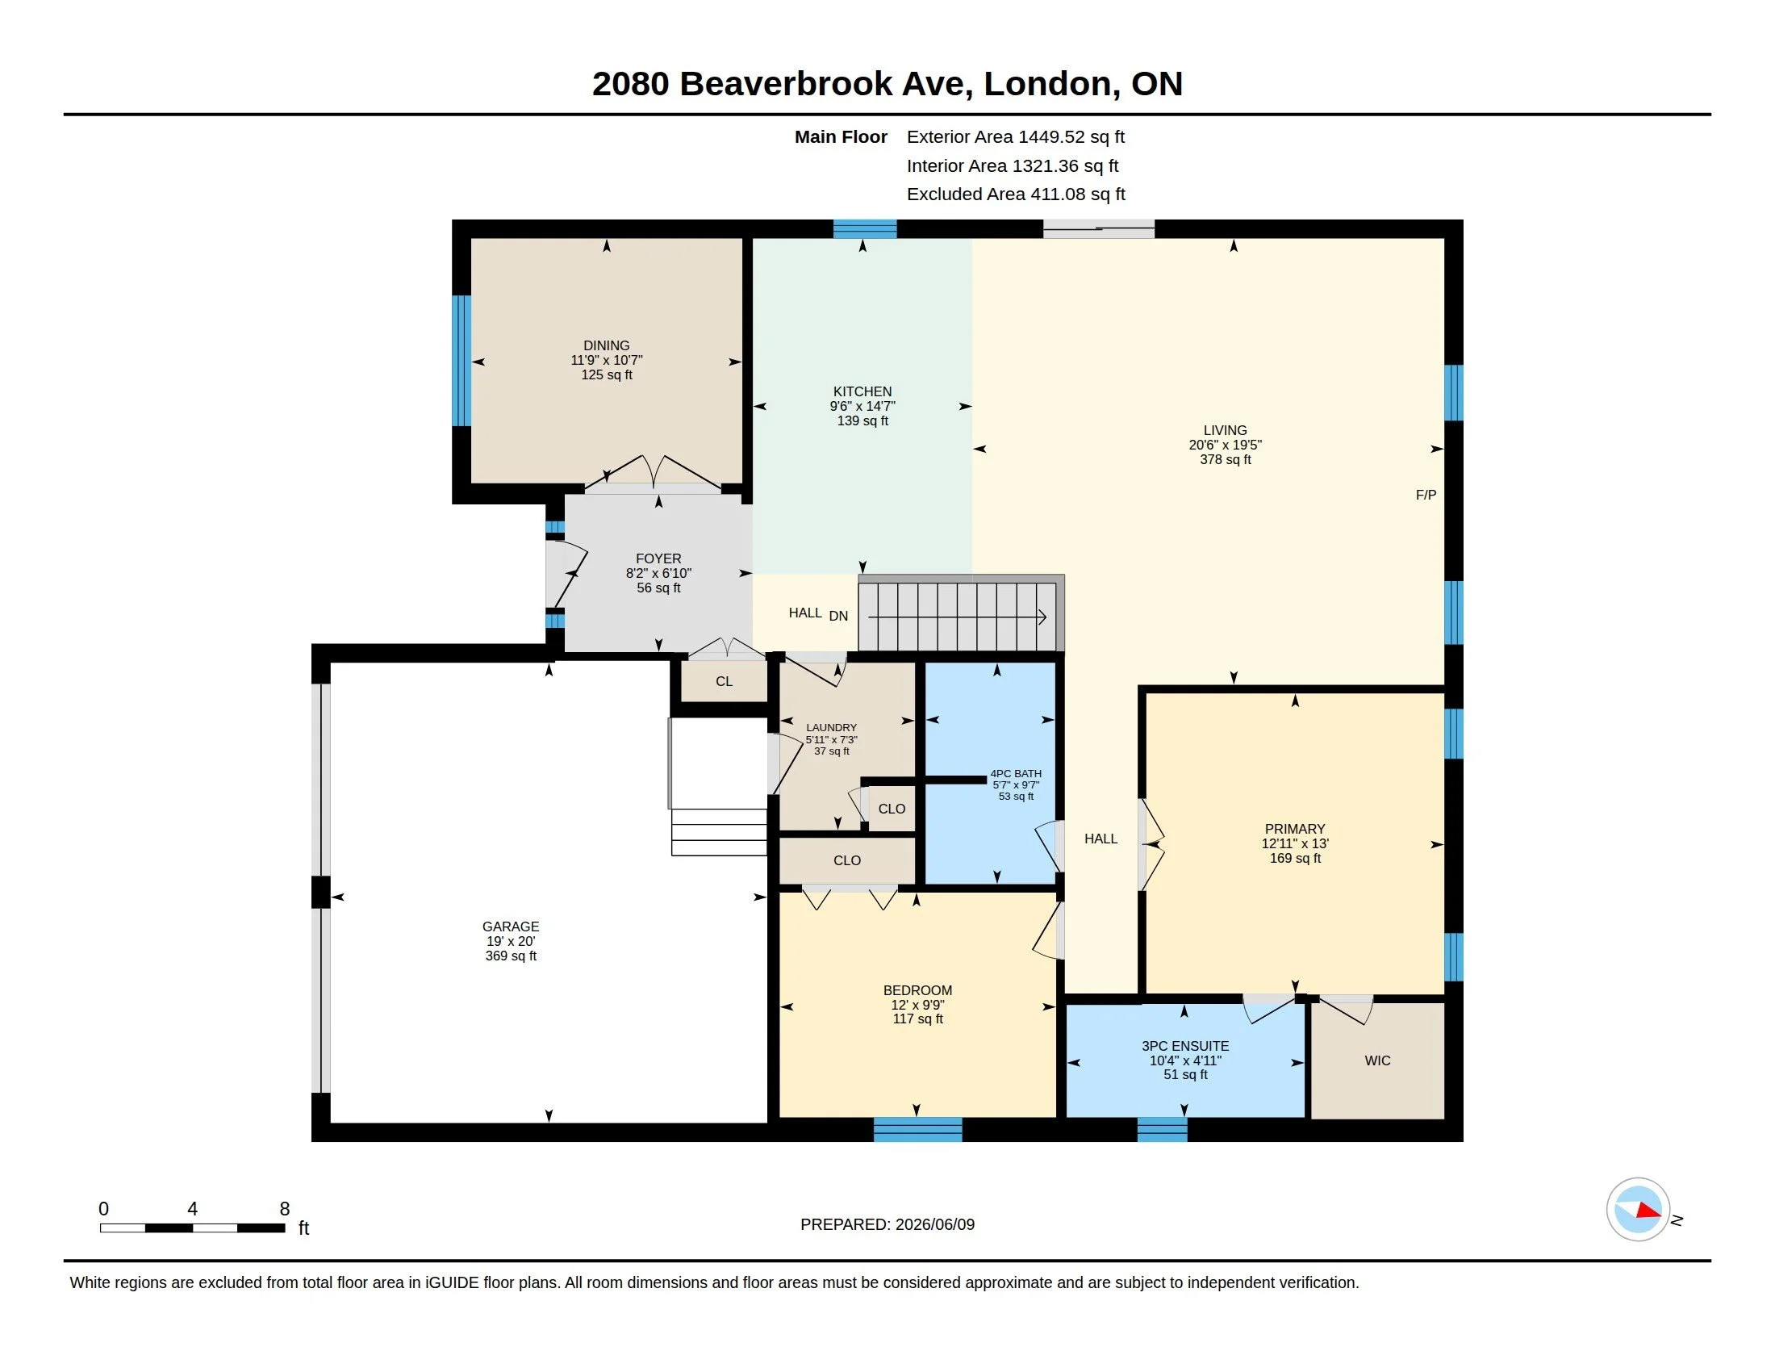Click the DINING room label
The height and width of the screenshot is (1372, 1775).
(606, 345)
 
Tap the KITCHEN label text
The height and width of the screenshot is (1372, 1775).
(862, 391)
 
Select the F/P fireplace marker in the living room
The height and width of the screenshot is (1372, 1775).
(1426, 495)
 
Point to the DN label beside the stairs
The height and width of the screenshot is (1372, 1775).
(838, 616)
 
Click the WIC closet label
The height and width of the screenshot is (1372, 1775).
(1377, 1060)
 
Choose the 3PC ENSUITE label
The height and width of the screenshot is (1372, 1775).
(1185, 1046)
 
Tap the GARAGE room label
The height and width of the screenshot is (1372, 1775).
(511, 927)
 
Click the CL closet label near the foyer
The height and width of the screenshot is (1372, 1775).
(725, 681)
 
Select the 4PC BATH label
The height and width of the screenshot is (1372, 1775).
(1016, 774)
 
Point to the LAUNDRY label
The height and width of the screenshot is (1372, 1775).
(831, 728)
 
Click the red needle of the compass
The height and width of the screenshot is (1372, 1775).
(1648, 1211)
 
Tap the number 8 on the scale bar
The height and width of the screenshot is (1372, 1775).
(285, 1209)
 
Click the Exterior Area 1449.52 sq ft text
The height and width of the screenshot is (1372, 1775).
(1016, 136)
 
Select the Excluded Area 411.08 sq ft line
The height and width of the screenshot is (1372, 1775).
(1016, 195)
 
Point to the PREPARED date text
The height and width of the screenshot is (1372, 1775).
(887, 1224)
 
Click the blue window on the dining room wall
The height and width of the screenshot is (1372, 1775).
(461, 360)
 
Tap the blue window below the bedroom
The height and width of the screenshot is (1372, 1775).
(917, 1130)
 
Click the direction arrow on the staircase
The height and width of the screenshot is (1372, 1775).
(958, 617)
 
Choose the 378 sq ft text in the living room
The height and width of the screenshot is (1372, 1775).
(1226, 459)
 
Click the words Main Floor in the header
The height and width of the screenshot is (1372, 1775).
(842, 136)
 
